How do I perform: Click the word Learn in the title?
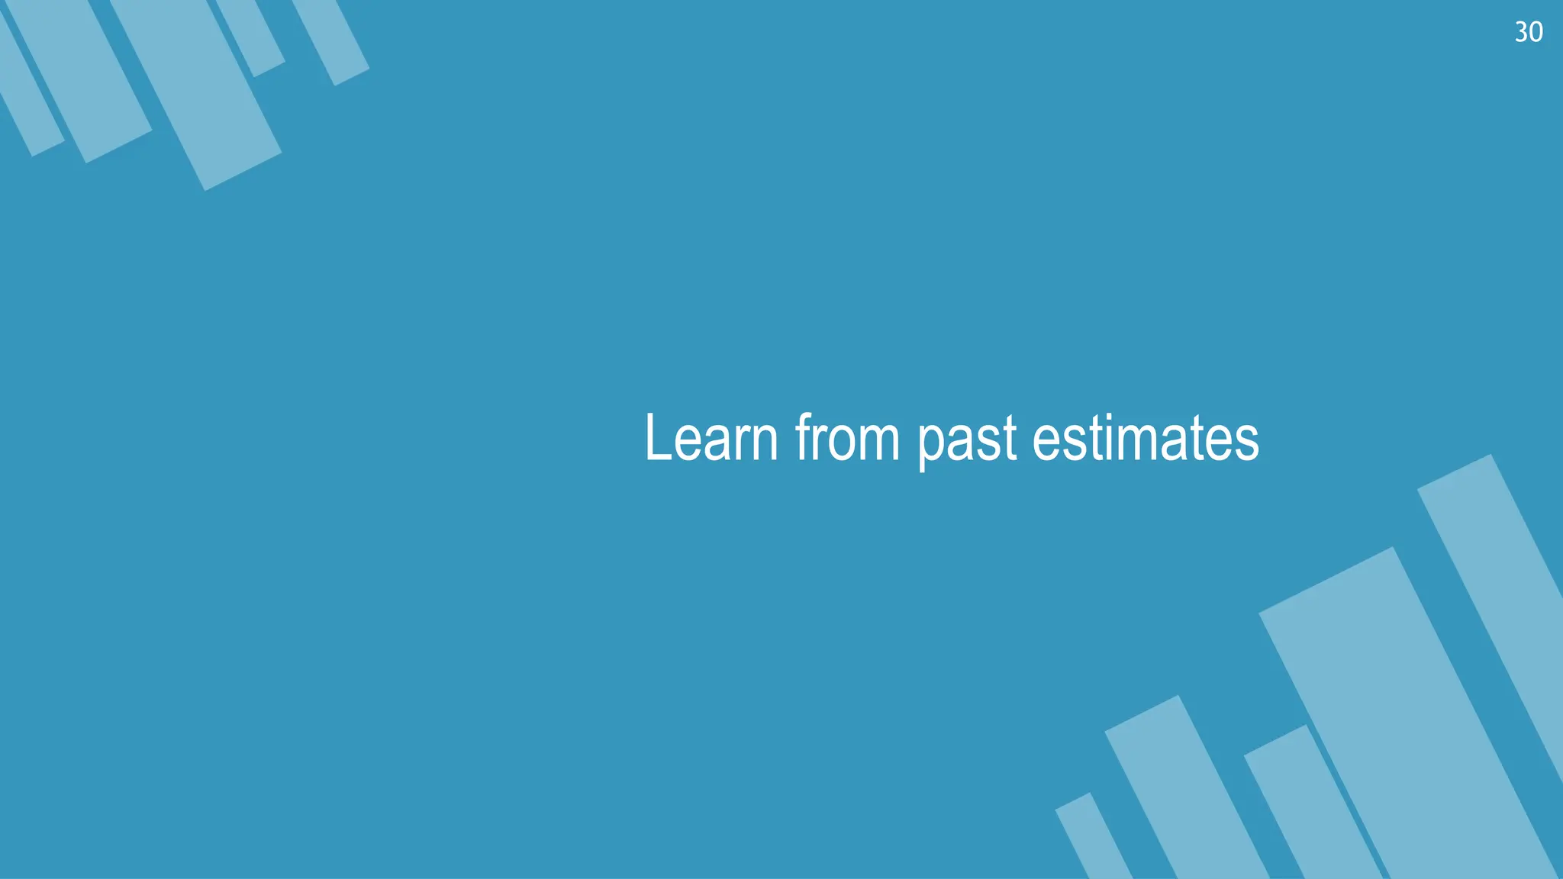click(711, 438)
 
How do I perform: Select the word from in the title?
click(847, 438)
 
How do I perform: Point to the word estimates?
click(1145, 438)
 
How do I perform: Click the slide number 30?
click(1529, 32)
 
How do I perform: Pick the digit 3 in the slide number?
click(1521, 32)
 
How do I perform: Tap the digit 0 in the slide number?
click(1536, 32)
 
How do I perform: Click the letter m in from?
click(878, 443)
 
